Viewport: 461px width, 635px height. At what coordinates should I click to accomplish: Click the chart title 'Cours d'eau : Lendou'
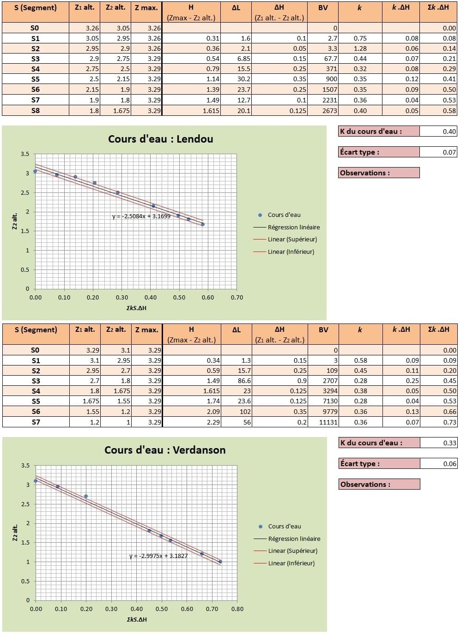[160, 139]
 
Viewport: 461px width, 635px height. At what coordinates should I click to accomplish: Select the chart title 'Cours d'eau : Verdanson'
[165, 450]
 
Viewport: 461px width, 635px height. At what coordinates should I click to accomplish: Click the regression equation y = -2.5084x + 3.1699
[141, 216]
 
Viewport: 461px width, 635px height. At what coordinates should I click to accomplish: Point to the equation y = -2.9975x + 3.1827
[158, 556]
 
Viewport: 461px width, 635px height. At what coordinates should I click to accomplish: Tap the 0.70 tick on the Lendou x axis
[237, 298]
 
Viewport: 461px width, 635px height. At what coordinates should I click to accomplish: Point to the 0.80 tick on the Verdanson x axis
[237, 609]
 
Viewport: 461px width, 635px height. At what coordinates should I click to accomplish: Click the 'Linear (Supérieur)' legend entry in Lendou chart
[292, 239]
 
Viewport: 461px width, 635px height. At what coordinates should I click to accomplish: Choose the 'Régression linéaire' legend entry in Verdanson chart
[294, 539]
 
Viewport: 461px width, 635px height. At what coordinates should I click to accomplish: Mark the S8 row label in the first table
[36, 111]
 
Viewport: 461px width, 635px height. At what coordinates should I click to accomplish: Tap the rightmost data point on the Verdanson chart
[220, 562]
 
